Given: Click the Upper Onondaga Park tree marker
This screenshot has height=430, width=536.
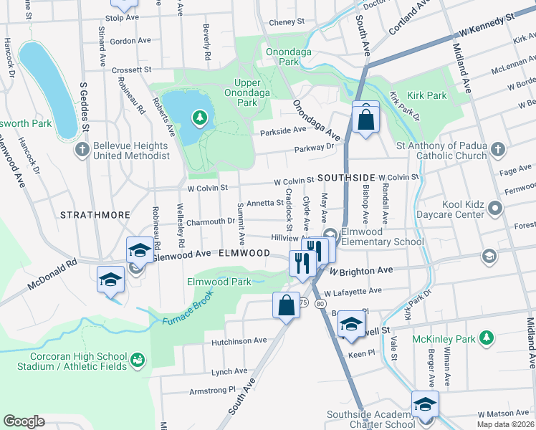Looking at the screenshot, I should (199, 118).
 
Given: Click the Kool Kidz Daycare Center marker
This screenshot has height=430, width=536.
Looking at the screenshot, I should (495, 209).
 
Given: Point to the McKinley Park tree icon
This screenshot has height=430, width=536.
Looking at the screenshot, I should (487, 338).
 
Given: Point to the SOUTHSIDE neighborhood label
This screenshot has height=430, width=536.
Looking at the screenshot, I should (347, 177).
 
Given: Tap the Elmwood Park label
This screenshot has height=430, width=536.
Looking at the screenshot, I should (219, 282).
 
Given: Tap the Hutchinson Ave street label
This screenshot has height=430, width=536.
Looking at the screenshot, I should (239, 341).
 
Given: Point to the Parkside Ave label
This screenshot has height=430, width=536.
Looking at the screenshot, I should (283, 130).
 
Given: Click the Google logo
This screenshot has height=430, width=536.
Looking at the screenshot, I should (24, 421).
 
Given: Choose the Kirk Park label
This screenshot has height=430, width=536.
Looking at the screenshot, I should (427, 95).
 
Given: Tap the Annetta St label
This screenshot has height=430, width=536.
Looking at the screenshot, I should (264, 203).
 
